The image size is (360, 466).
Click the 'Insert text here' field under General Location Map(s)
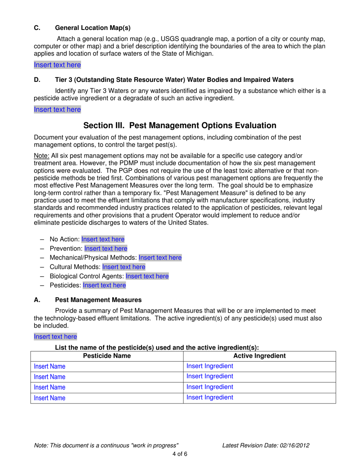point(57,65)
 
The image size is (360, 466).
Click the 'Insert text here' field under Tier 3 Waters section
point(57,110)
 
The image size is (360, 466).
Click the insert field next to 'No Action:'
point(103,239)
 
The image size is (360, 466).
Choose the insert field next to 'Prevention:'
point(106,249)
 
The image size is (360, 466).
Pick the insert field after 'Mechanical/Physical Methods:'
point(160,258)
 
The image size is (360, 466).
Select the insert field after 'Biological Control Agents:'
point(147,276)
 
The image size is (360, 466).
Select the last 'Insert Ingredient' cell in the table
point(210,398)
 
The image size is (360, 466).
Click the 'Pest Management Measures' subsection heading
point(99,300)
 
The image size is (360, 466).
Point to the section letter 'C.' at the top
point(38,28)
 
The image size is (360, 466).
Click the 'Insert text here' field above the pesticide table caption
point(55,336)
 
